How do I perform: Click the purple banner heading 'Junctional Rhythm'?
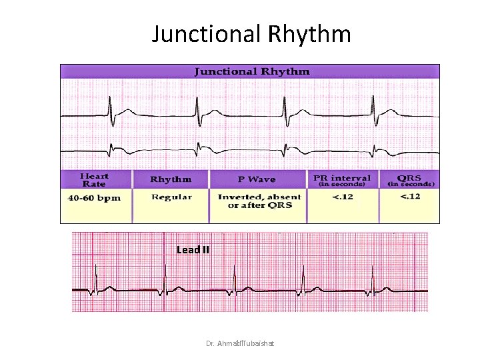pyautogui.click(x=251, y=71)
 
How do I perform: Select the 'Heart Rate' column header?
pyautogui.click(x=95, y=179)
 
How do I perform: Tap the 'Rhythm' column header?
pyautogui.click(x=171, y=179)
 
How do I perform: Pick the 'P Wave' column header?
pyautogui.click(x=257, y=179)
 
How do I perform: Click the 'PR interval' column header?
pyautogui.click(x=343, y=179)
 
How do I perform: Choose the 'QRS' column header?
pyautogui.click(x=409, y=179)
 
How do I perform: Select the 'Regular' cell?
pyautogui.click(x=171, y=197)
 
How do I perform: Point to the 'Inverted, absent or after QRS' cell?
pyautogui.click(x=259, y=201)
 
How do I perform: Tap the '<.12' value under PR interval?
pyautogui.click(x=343, y=197)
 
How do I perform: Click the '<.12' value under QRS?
pyautogui.click(x=409, y=197)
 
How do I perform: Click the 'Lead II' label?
pyautogui.click(x=193, y=250)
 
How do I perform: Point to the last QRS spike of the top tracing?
pyautogui.click(x=373, y=107)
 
